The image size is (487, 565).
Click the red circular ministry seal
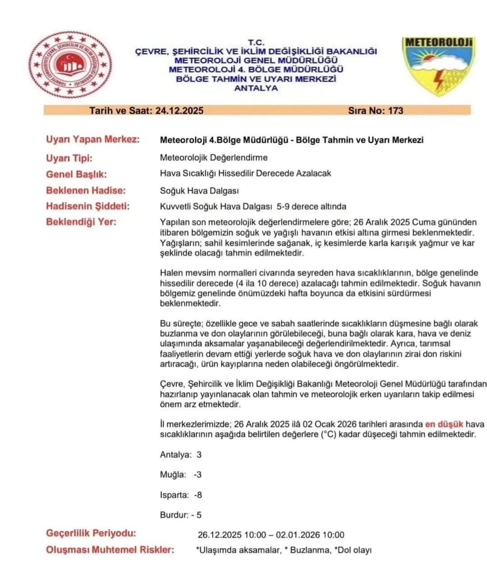point(70,65)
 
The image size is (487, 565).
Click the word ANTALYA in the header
point(256,88)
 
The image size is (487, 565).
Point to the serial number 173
point(395,111)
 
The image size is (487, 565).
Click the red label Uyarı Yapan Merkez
point(92,139)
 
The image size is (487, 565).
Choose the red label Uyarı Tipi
point(69,158)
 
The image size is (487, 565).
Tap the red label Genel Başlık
point(76,174)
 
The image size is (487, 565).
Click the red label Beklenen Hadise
point(86,190)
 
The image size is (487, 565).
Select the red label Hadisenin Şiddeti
point(87,206)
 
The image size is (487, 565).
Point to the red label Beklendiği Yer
point(81,222)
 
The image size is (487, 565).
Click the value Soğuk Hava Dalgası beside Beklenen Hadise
point(199,191)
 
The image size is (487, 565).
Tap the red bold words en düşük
point(444,424)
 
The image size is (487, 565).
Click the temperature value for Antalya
point(199,455)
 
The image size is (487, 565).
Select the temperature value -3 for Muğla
point(198,475)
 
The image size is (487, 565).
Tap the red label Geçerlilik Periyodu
point(91,533)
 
